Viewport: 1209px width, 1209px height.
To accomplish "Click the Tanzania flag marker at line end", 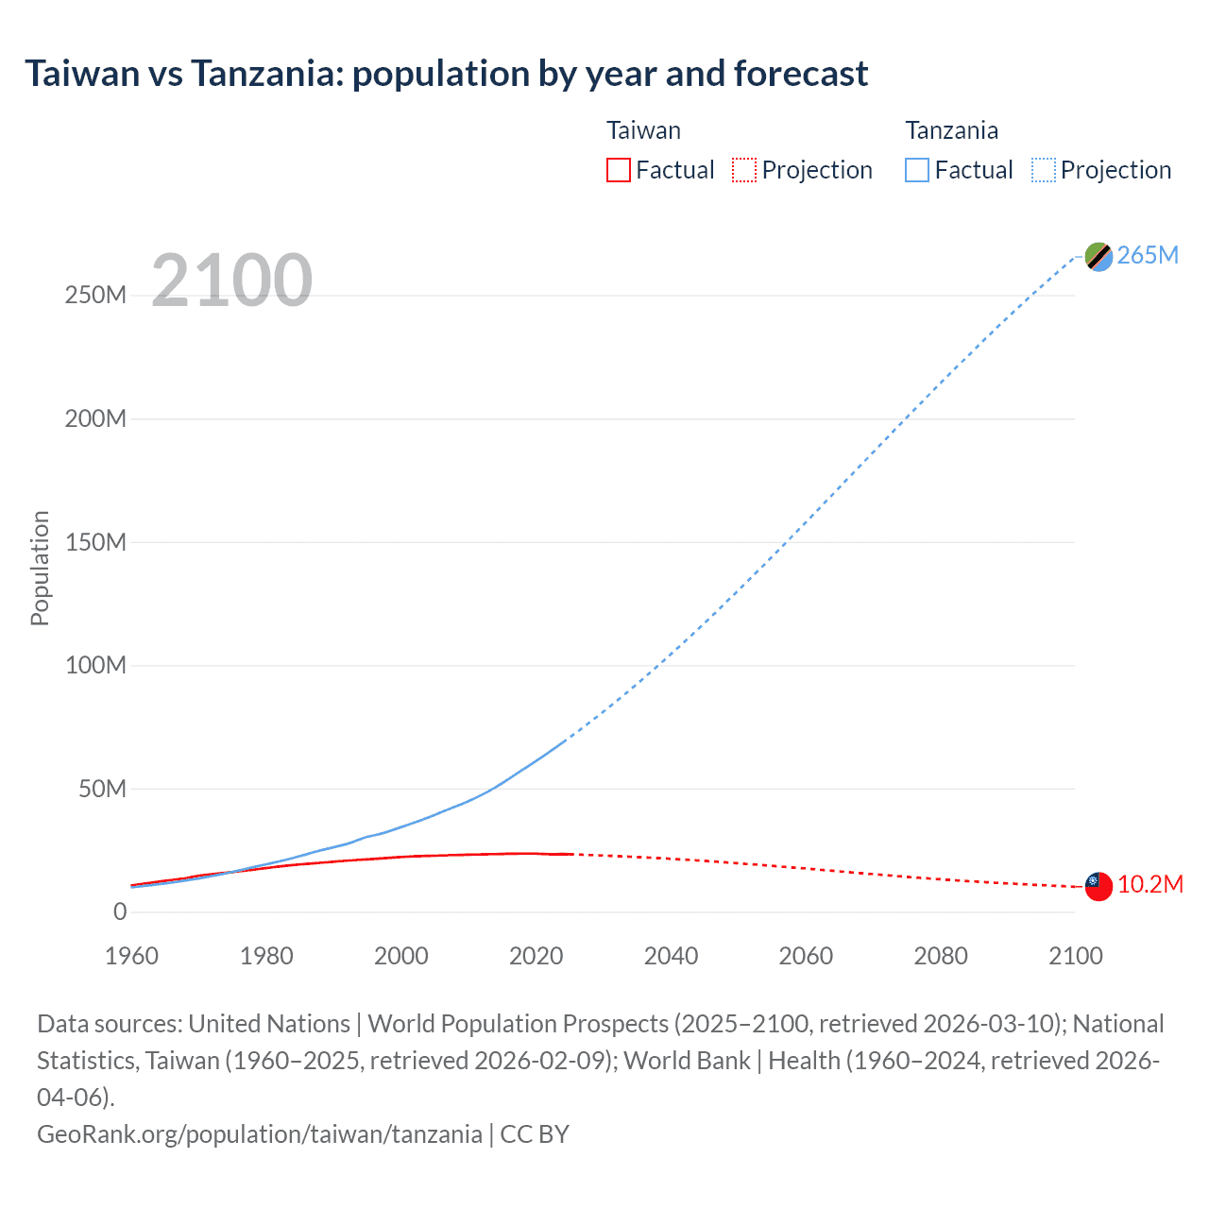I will click(1098, 256).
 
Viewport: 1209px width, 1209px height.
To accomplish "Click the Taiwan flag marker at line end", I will click(1098, 886).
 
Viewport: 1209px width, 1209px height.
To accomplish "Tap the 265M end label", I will click(1148, 256).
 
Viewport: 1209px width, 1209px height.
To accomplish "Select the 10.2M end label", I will click(1149, 885).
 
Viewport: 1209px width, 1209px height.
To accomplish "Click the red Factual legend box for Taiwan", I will click(618, 170).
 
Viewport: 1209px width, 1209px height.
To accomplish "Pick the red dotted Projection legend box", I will click(744, 170).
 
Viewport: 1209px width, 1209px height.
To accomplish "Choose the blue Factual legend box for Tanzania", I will click(916, 170).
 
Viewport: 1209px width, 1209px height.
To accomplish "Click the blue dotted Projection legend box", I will click(1043, 170).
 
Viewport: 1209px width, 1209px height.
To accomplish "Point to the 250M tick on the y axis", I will click(95, 296).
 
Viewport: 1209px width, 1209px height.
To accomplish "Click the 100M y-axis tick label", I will click(95, 666).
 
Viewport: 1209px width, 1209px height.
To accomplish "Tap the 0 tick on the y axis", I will click(120, 912).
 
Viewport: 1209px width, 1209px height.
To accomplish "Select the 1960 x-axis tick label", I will click(131, 956).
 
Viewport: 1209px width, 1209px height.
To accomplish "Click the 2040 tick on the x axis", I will click(671, 956).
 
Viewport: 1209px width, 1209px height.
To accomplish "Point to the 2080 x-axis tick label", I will click(941, 956).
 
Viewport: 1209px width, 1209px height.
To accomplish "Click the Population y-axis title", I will click(40, 568).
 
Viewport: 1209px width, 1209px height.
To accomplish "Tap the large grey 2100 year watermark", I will click(231, 280).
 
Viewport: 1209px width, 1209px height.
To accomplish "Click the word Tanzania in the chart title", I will click(267, 74).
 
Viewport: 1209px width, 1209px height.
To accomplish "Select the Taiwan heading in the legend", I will click(643, 130).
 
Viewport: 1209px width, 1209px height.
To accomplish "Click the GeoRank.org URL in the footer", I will click(259, 1133).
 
